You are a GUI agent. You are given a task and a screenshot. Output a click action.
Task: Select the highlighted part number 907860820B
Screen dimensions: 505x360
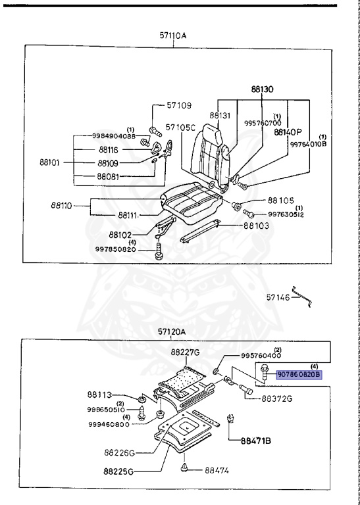tap(298, 374)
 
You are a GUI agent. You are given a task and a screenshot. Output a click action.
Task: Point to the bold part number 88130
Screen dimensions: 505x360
tap(261, 89)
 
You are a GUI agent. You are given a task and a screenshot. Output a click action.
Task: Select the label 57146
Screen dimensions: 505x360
tap(279, 298)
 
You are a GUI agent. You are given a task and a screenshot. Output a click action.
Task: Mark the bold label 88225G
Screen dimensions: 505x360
tap(119, 471)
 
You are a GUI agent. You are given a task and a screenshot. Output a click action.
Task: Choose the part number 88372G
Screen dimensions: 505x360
tap(279, 398)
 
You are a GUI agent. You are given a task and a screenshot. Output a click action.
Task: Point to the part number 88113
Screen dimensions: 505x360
tap(101, 395)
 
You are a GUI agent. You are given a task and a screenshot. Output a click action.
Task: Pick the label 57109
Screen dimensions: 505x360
tap(178, 105)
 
